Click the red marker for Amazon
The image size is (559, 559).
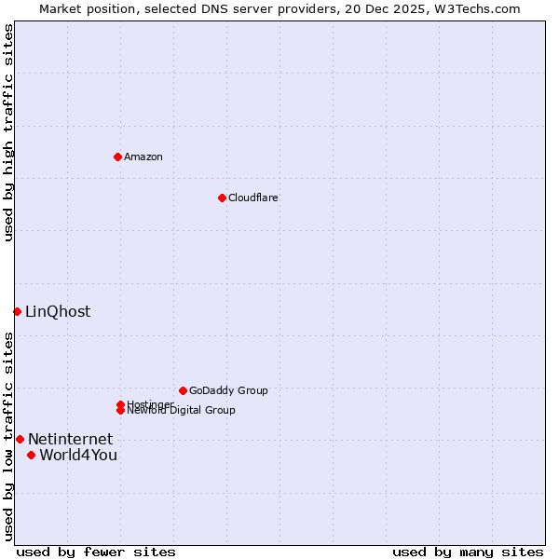(117, 157)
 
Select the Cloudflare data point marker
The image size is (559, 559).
(222, 198)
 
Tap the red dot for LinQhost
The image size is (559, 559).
(17, 311)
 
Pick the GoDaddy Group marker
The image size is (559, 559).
(183, 390)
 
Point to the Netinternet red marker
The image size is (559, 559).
(20, 439)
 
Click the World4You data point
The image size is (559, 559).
(32, 455)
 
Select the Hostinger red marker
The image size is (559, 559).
(120, 404)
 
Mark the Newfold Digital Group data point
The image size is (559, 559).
(120, 410)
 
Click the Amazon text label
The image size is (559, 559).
(143, 157)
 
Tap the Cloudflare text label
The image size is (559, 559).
(253, 198)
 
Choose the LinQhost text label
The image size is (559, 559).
(58, 311)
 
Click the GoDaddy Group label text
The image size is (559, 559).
(228, 390)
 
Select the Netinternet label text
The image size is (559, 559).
(70, 439)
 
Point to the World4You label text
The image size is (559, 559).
(78, 455)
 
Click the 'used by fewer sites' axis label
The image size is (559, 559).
(96, 552)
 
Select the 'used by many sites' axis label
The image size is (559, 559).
(468, 552)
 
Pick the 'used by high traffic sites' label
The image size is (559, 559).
(8, 132)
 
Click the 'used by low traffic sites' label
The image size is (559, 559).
(8, 436)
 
